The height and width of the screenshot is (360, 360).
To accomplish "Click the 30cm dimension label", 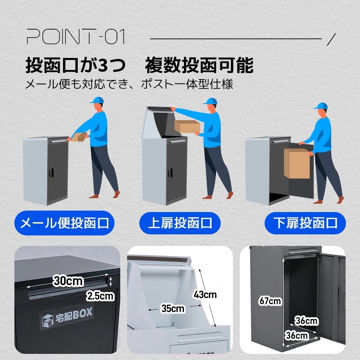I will pos(68,280).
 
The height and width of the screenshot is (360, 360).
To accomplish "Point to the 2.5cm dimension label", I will pos(100,296).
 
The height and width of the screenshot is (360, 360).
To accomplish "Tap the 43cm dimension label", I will pos(205,294).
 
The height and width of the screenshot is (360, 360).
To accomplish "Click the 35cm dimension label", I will pos(173,309).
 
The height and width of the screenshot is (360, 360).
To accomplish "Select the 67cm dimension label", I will pos(270,301).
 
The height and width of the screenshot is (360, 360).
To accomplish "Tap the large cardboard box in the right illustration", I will pos(297,163).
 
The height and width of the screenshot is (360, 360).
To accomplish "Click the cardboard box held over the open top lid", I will pos(187,126).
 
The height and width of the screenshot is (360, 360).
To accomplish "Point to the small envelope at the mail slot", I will pos(79,137).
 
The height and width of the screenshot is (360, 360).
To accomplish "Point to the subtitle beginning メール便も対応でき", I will pos(129,85).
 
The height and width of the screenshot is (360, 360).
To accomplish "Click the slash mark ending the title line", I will pos(332,39).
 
